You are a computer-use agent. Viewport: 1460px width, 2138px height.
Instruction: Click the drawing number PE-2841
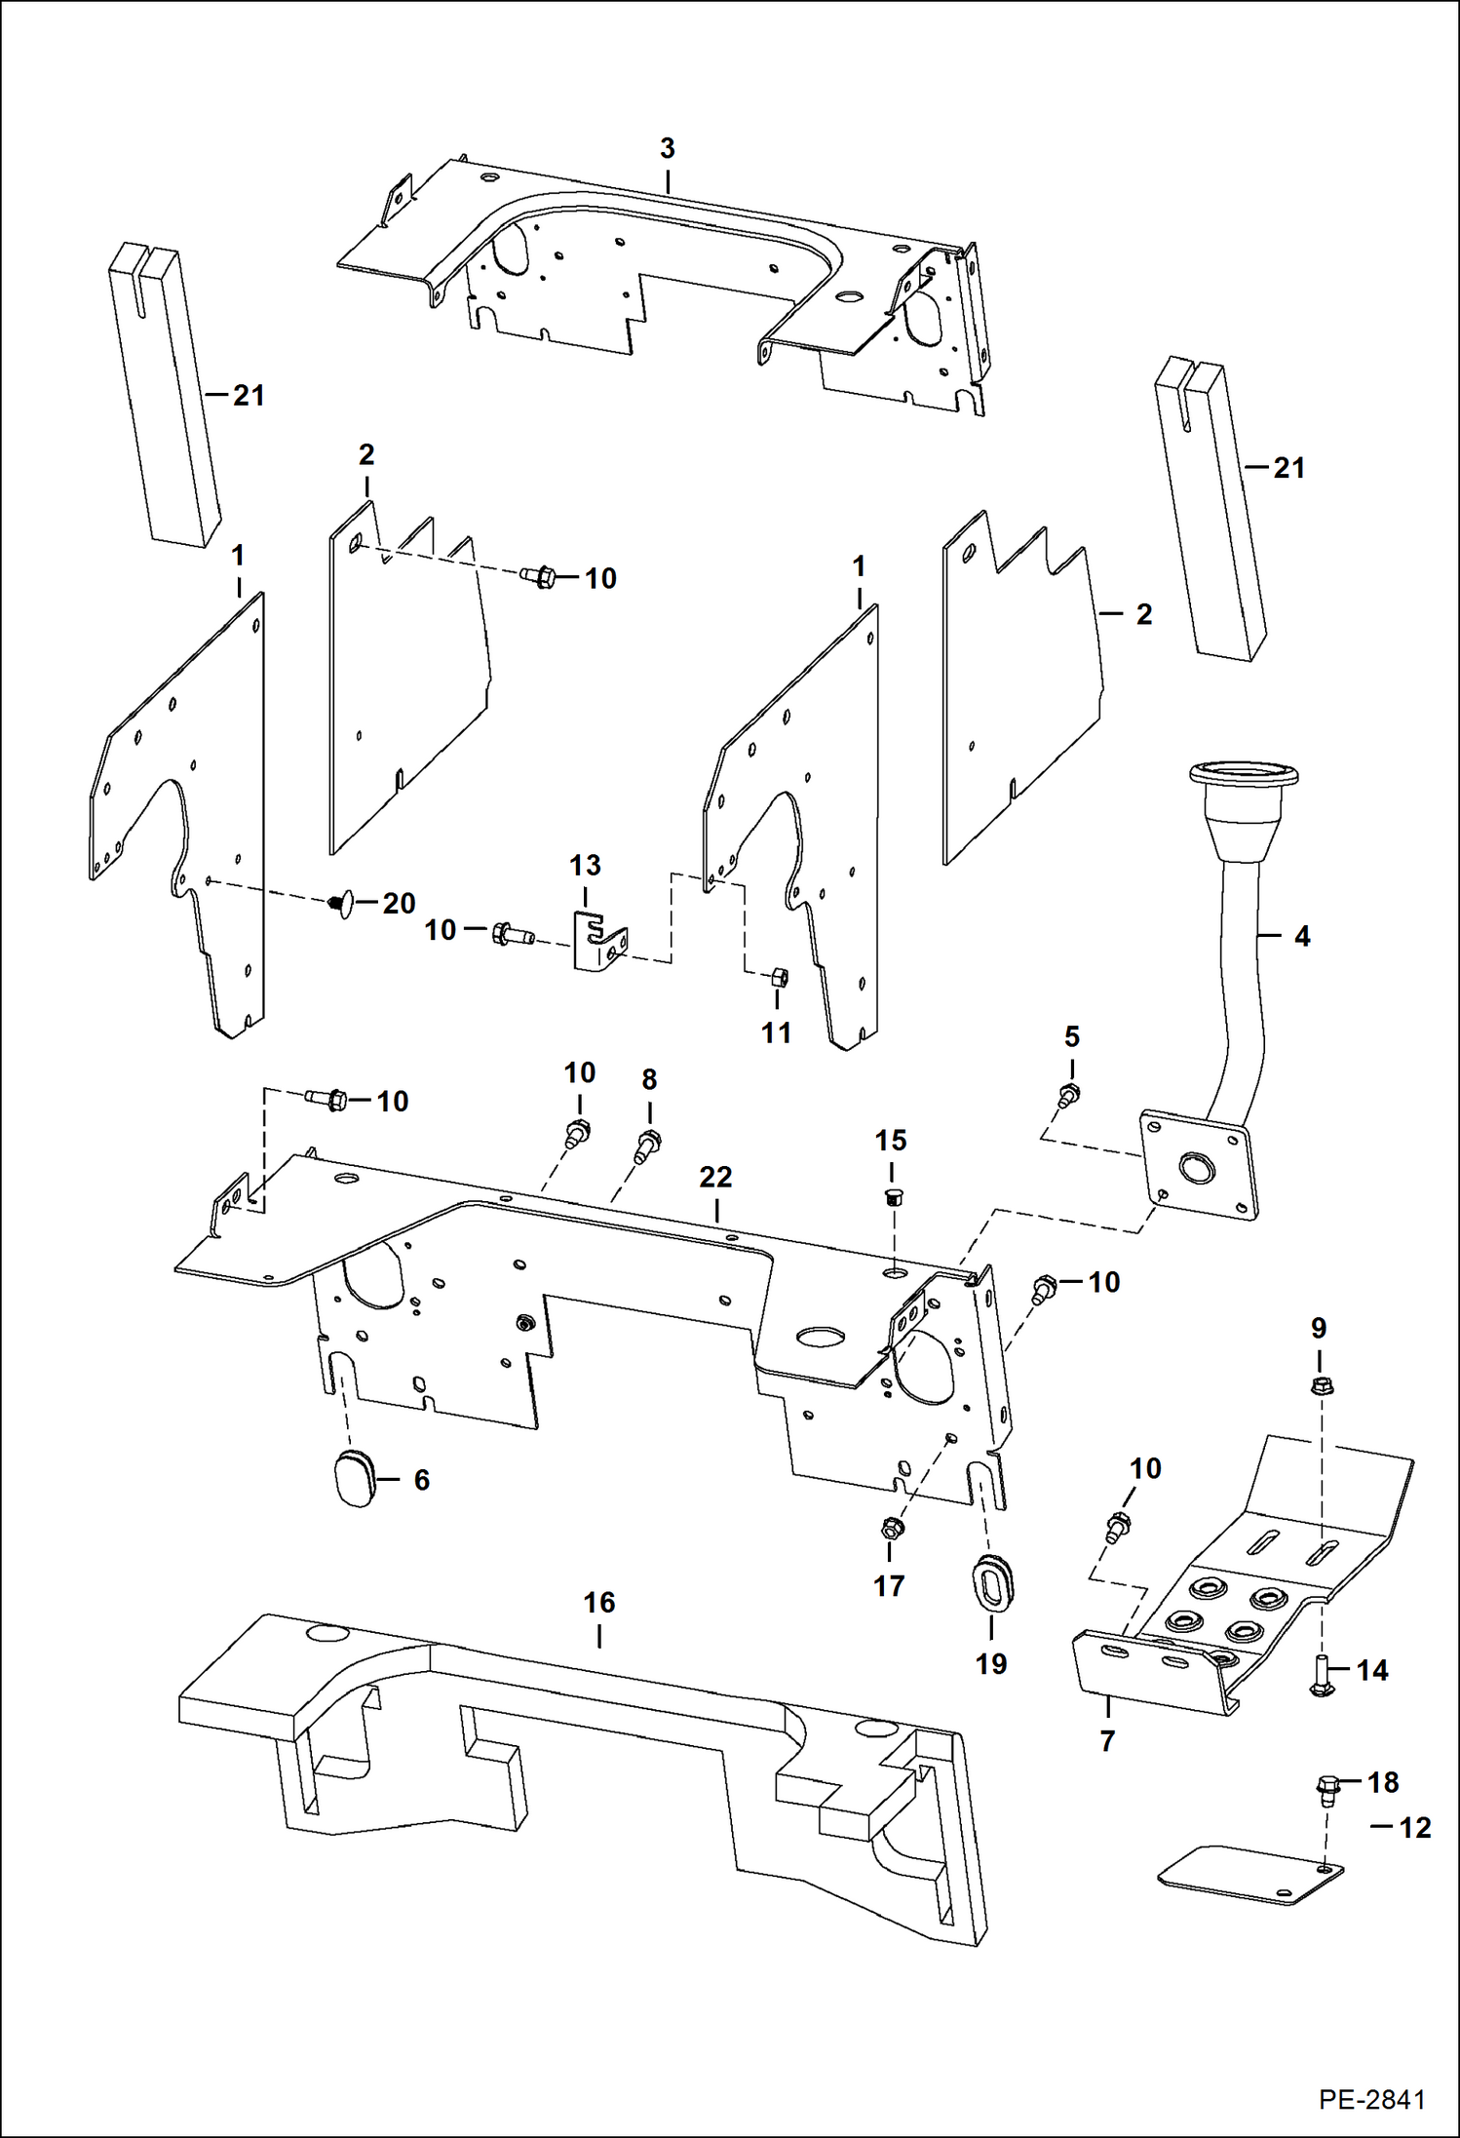point(1371,2099)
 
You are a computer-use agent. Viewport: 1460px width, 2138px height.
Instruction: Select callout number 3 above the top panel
point(667,149)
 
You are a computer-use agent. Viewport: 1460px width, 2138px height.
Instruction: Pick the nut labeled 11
point(779,976)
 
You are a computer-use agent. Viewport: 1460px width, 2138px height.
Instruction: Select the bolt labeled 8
point(648,1145)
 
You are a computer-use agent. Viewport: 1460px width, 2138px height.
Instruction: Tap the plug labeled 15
point(891,1197)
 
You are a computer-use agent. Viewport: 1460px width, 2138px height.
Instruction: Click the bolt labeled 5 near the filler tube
point(1069,1096)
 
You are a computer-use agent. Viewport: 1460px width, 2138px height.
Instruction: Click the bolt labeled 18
point(1326,1786)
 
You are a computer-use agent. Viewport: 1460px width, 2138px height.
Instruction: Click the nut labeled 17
point(889,1529)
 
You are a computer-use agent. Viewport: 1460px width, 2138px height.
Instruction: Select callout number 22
point(715,1177)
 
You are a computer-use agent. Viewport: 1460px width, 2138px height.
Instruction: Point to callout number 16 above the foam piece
point(599,1602)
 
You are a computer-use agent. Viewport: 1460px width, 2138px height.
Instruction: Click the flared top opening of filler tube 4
point(1244,775)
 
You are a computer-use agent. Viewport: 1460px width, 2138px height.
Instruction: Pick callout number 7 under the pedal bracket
point(1107,1740)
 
